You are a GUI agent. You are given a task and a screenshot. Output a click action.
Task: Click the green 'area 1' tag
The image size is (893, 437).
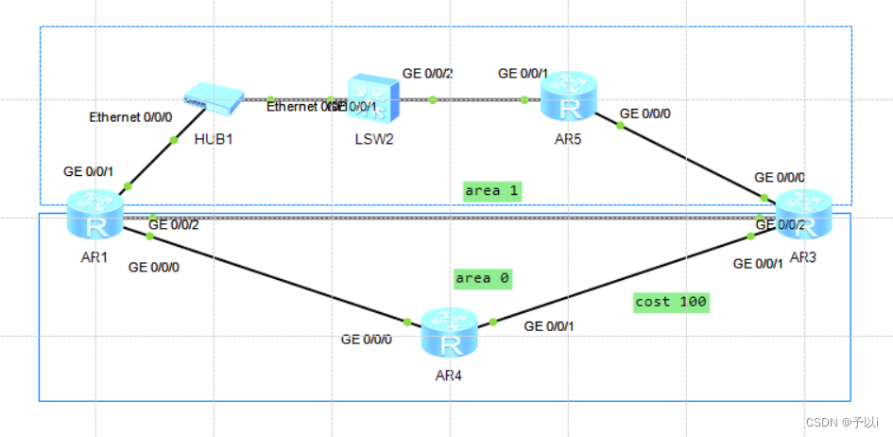[492, 190]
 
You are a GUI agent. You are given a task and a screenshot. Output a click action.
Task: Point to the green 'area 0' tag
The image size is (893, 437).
[482, 278]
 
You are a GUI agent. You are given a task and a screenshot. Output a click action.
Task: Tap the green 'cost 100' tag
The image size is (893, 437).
[671, 302]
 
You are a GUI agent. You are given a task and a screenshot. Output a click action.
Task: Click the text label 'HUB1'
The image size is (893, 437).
[213, 140]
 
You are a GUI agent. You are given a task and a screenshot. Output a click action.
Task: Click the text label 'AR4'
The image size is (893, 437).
[447, 376]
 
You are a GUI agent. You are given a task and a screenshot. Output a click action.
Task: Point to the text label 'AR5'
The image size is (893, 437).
[568, 140]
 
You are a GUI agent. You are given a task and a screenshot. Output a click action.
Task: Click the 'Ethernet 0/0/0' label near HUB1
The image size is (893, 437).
[131, 118]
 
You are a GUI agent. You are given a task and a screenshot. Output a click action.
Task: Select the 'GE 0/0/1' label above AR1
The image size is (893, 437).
[88, 172]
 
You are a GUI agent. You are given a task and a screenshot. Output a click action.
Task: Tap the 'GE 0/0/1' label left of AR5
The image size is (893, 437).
[523, 73]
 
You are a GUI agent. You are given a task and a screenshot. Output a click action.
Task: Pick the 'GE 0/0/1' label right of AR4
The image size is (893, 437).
[548, 326]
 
